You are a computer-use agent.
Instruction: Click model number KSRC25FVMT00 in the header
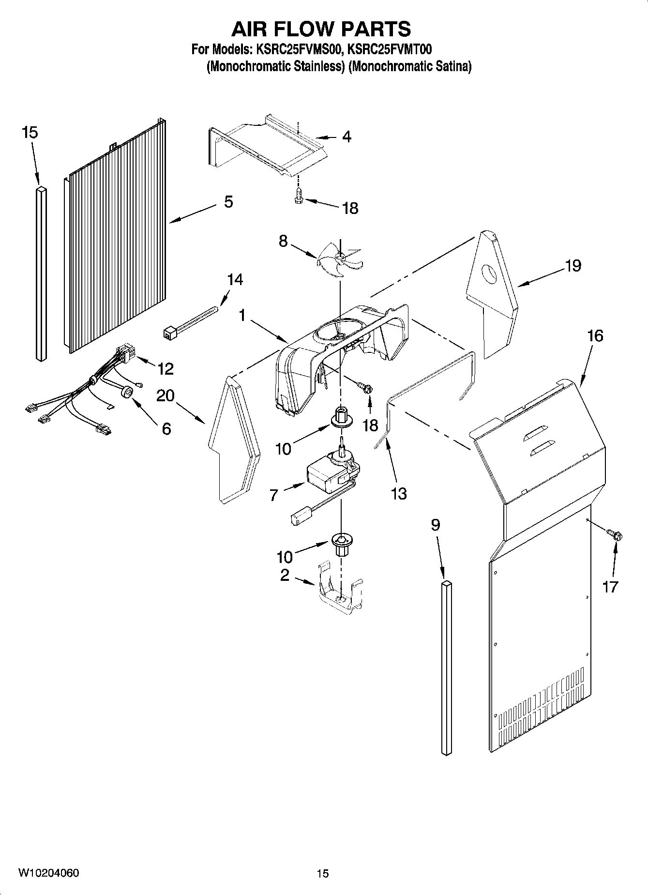pyautogui.click(x=390, y=49)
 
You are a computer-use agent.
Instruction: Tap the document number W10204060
pyautogui.click(x=48, y=873)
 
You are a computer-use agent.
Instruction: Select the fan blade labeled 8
pyautogui.click(x=339, y=260)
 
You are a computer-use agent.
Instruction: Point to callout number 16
pyautogui.click(x=595, y=335)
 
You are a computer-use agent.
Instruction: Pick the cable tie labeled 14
pyautogui.click(x=191, y=322)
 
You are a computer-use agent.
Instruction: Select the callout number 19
pyautogui.click(x=573, y=265)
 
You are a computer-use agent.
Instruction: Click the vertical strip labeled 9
pyautogui.click(x=447, y=668)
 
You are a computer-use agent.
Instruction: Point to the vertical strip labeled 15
pyautogui.click(x=41, y=273)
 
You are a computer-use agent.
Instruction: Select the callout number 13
pyautogui.click(x=399, y=494)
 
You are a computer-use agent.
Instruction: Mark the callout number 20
pyautogui.click(x=166, y=395)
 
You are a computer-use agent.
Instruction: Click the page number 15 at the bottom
pyautogui.click(x=322, y=874)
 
